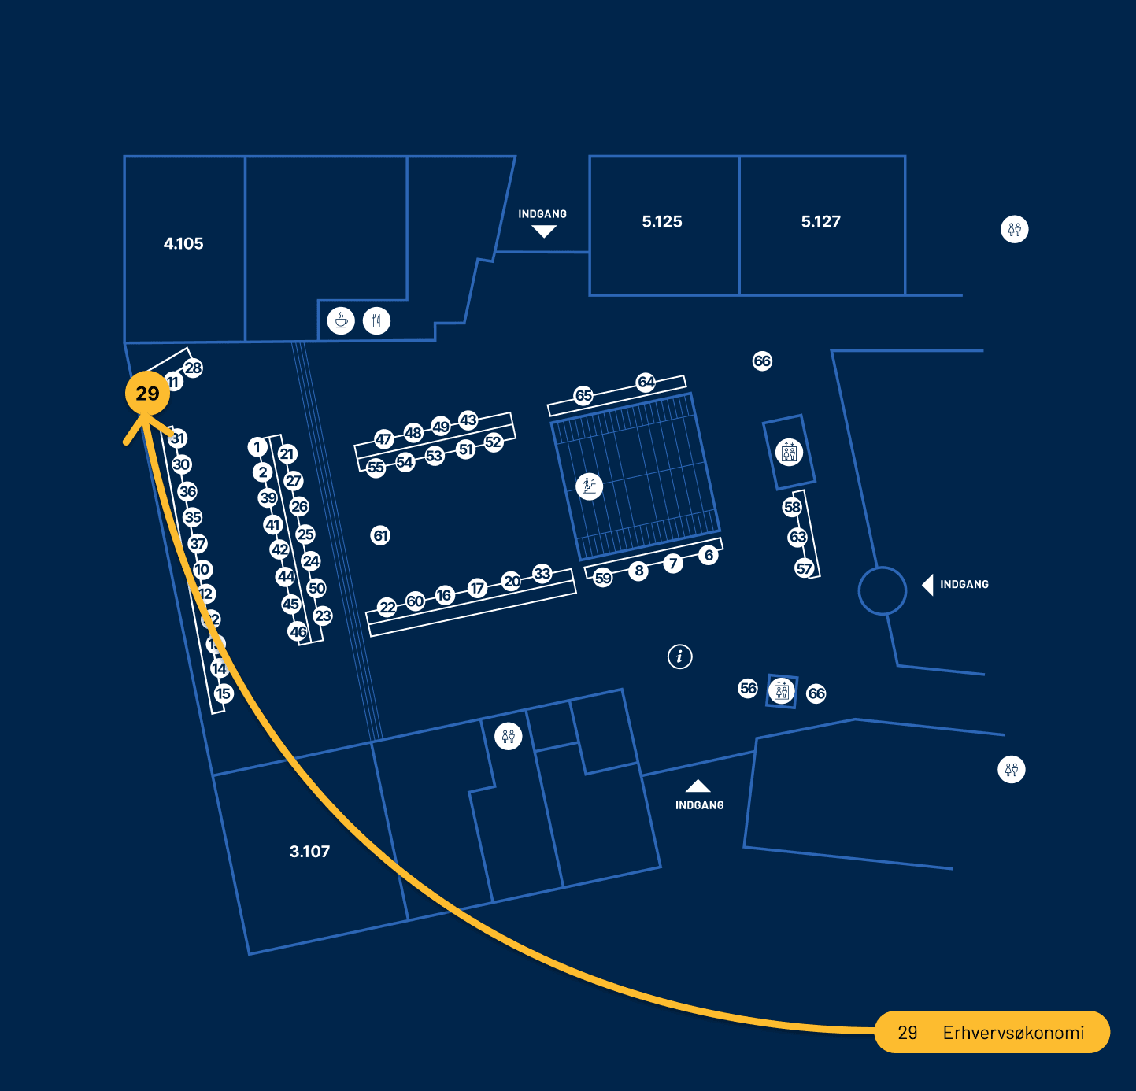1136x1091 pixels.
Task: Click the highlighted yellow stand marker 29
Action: [x=147, y=394]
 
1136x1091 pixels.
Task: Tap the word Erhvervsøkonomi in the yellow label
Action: [x=1013, y=1033]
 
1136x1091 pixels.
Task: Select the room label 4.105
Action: [x=183, y=244]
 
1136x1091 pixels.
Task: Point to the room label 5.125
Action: [x=662, y=222]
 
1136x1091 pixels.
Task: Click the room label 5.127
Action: [x=821, y=222]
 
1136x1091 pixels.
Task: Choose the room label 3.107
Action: [x=309, y=852]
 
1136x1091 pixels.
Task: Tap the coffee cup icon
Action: [x=341, y=321]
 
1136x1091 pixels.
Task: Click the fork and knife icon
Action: [x=377, y=321]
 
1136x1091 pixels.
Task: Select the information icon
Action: [x=680, y=656]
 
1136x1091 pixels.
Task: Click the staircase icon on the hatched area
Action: [x=589, y=486]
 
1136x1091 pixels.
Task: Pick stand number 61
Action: [x=380, y=536]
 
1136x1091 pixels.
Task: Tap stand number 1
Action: [x=257, y=447]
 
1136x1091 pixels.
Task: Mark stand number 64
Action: [x=646, y=382]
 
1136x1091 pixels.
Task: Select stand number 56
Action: [x=748, y=688]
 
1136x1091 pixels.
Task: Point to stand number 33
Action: [x=542, y=573]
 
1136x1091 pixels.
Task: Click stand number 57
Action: [x=804, y=568]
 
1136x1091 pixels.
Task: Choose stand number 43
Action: [x=468, y=420]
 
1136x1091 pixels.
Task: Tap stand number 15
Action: [x=224, y=693]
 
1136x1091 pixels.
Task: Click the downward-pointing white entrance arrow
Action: [x=544, y=231]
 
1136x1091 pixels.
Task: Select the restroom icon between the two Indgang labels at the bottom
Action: [x=509, y=737]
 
